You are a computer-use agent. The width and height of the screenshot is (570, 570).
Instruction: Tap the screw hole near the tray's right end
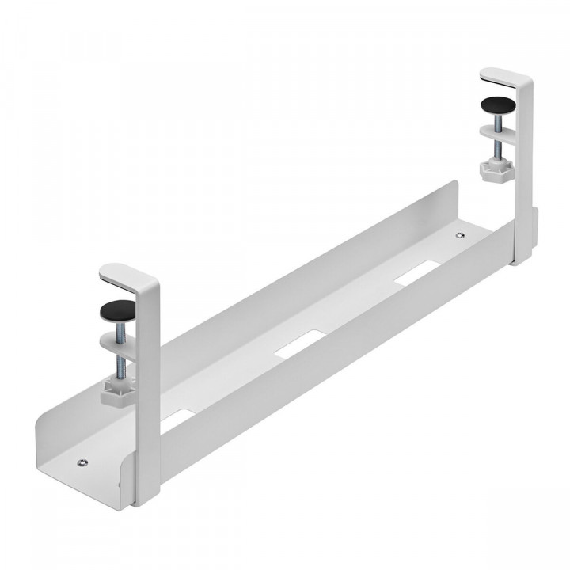[x=461, y=235]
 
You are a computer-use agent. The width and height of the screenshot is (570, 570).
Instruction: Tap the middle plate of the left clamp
[x=119, y=341]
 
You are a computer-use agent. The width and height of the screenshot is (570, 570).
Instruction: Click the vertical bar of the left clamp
[x=148, y=396]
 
